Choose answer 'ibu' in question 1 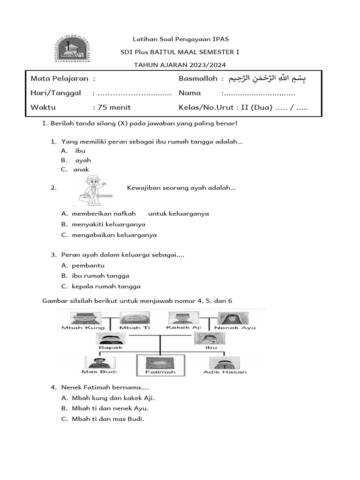(80, 151)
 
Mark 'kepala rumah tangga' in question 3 (106, 286)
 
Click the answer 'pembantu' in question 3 (88, 265)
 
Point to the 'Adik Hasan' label (225, 372)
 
